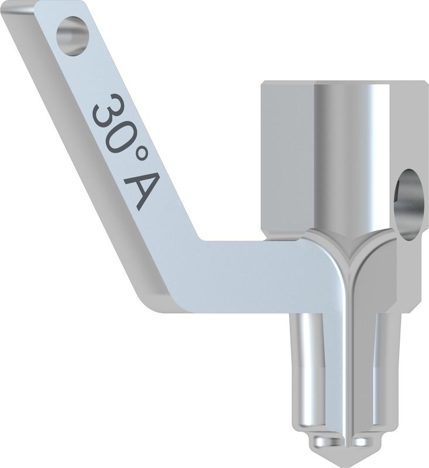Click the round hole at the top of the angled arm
(x=73, y=36)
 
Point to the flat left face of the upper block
(x=287, y=158)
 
